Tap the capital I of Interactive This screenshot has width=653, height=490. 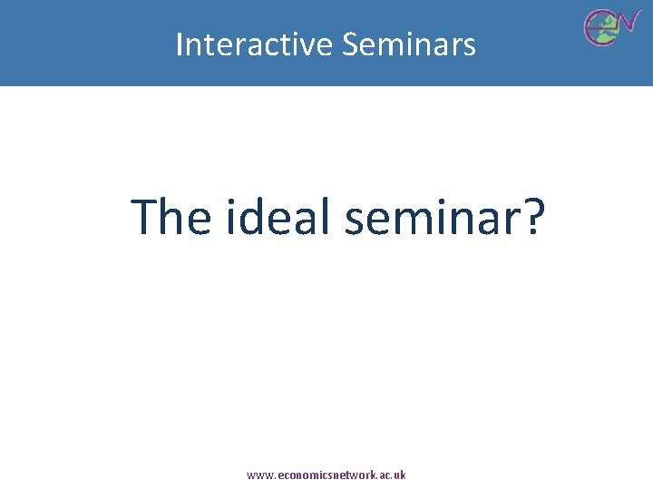(180, 44)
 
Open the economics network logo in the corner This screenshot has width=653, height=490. (611, 25)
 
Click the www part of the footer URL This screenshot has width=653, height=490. (258, 475)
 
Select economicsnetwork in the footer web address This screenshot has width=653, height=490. (323, 475)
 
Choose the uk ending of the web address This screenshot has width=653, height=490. (400, 475)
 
